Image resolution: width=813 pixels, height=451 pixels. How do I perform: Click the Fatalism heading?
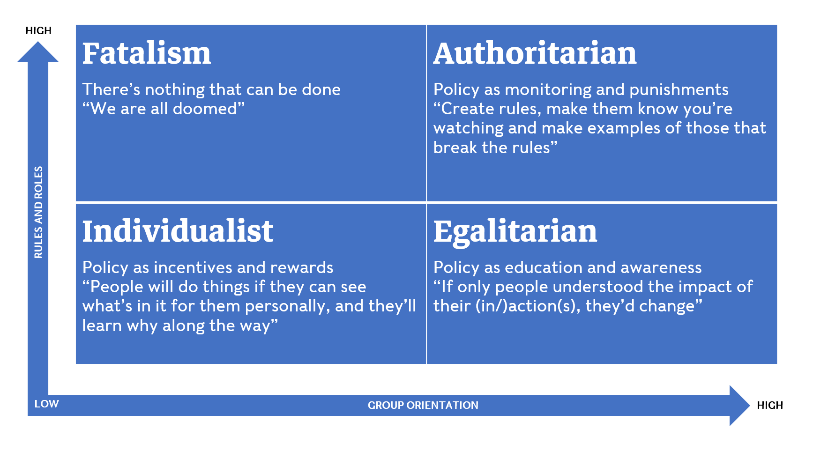click(147, 53)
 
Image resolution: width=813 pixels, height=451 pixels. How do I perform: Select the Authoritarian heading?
click(535, 53)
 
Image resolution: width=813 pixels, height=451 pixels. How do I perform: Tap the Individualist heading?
click(178, 231)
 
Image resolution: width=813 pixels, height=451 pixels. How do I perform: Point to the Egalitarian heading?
click(515, 232)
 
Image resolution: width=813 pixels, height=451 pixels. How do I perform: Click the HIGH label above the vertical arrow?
click(38, 31)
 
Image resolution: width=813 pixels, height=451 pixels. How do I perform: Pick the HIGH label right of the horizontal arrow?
click(770, 406)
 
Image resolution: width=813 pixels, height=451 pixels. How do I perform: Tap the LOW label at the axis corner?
click(47, 404)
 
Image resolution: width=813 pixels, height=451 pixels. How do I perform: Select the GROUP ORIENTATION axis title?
click(423, 406)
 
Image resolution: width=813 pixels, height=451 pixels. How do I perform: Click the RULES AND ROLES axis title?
click(38, 212)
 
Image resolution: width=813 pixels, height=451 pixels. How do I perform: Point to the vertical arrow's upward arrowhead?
click(38, 52)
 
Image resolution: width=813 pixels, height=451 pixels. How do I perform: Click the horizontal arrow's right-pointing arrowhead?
click(739, 406)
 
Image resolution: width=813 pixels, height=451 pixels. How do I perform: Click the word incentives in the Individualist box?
click(193, 267)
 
